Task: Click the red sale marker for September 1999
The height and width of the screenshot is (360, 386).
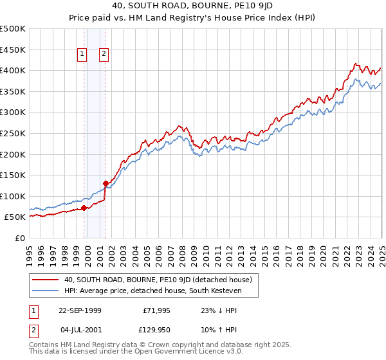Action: pyautogui.click(x=84, y=208)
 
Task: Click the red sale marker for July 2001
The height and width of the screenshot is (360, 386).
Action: pyautogui.click(x=106, y=183)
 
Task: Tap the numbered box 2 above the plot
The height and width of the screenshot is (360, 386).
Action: pyautogui.click(x=104, y=55)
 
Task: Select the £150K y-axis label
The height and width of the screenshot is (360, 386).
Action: pyautogui.click(x=13, y=175)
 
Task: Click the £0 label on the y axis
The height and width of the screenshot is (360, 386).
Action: pyautogui.click(x=21, y=238)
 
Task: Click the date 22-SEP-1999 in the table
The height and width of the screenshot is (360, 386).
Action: pyautogui.click(x=80, y=310)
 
